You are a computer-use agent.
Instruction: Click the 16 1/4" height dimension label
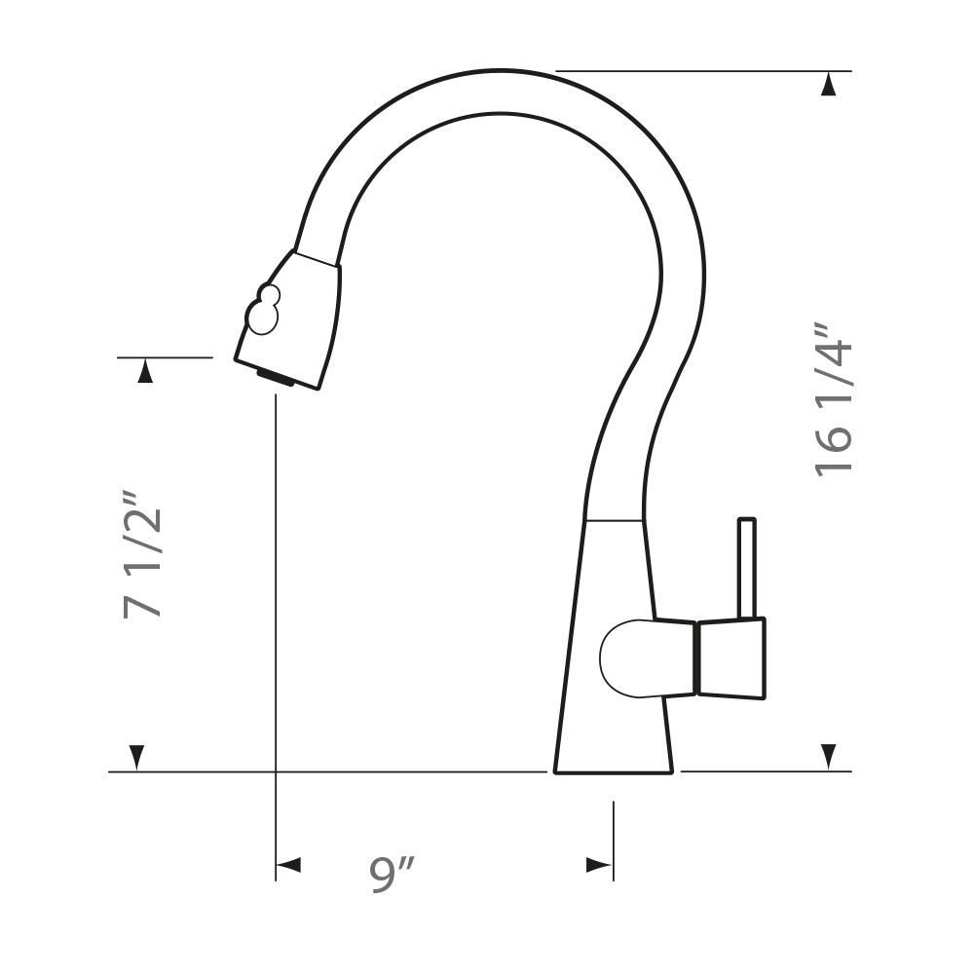[833, 400]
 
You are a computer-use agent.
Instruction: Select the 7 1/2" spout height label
[142, 555]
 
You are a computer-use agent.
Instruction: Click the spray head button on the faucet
[263, 310]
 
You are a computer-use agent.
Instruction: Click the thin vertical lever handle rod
[747, 569]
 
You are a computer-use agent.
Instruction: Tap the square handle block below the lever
[731, 659]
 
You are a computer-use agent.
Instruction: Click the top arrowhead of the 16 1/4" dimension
[827, 84]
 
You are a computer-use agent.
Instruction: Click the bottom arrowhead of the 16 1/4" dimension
[827, 757]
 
